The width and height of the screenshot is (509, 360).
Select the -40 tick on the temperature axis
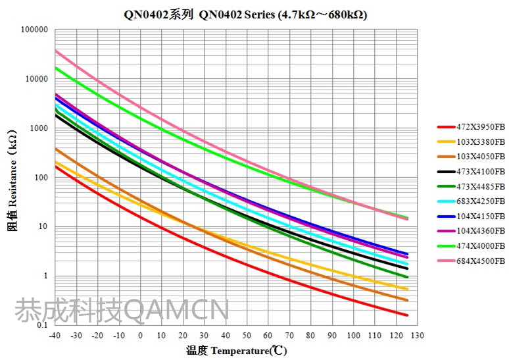point(55,336)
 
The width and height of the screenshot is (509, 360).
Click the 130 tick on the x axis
point(417,336)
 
